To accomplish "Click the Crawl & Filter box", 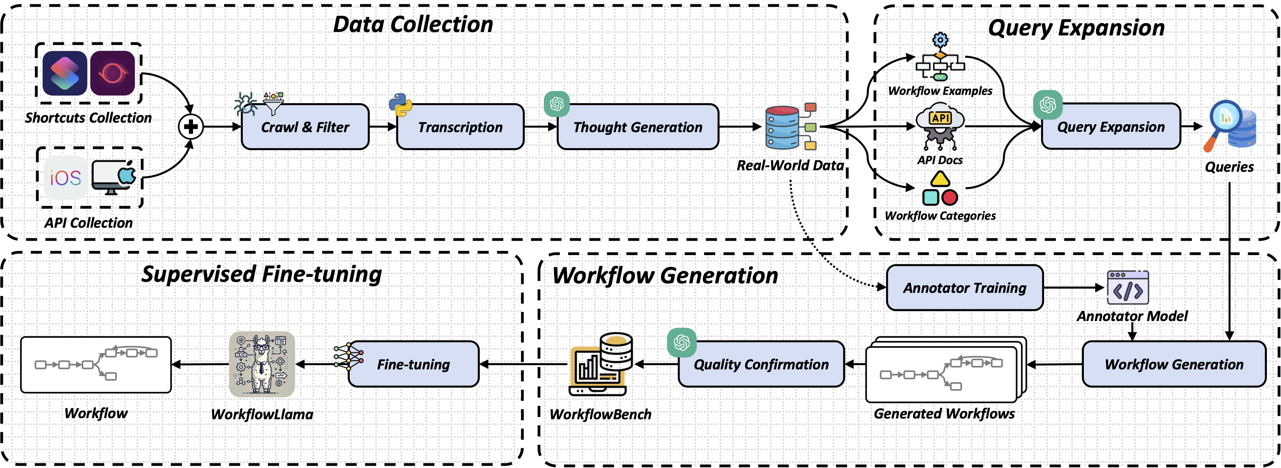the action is point(305,127).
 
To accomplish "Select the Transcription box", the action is point(460,127).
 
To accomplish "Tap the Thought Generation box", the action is point(637,127).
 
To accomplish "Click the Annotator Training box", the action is point(965,288).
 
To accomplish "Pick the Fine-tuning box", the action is point(413,364).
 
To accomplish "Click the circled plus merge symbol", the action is point(191,126).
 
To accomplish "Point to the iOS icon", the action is point(65,177).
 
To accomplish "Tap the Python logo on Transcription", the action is point(400,104).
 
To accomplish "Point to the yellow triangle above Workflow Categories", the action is point(940,179).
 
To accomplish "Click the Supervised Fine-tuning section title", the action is point(261,275).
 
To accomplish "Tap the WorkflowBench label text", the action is point(600,414).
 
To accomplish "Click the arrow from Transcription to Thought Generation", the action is point(540,126).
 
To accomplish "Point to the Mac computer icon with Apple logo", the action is point(114,177).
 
